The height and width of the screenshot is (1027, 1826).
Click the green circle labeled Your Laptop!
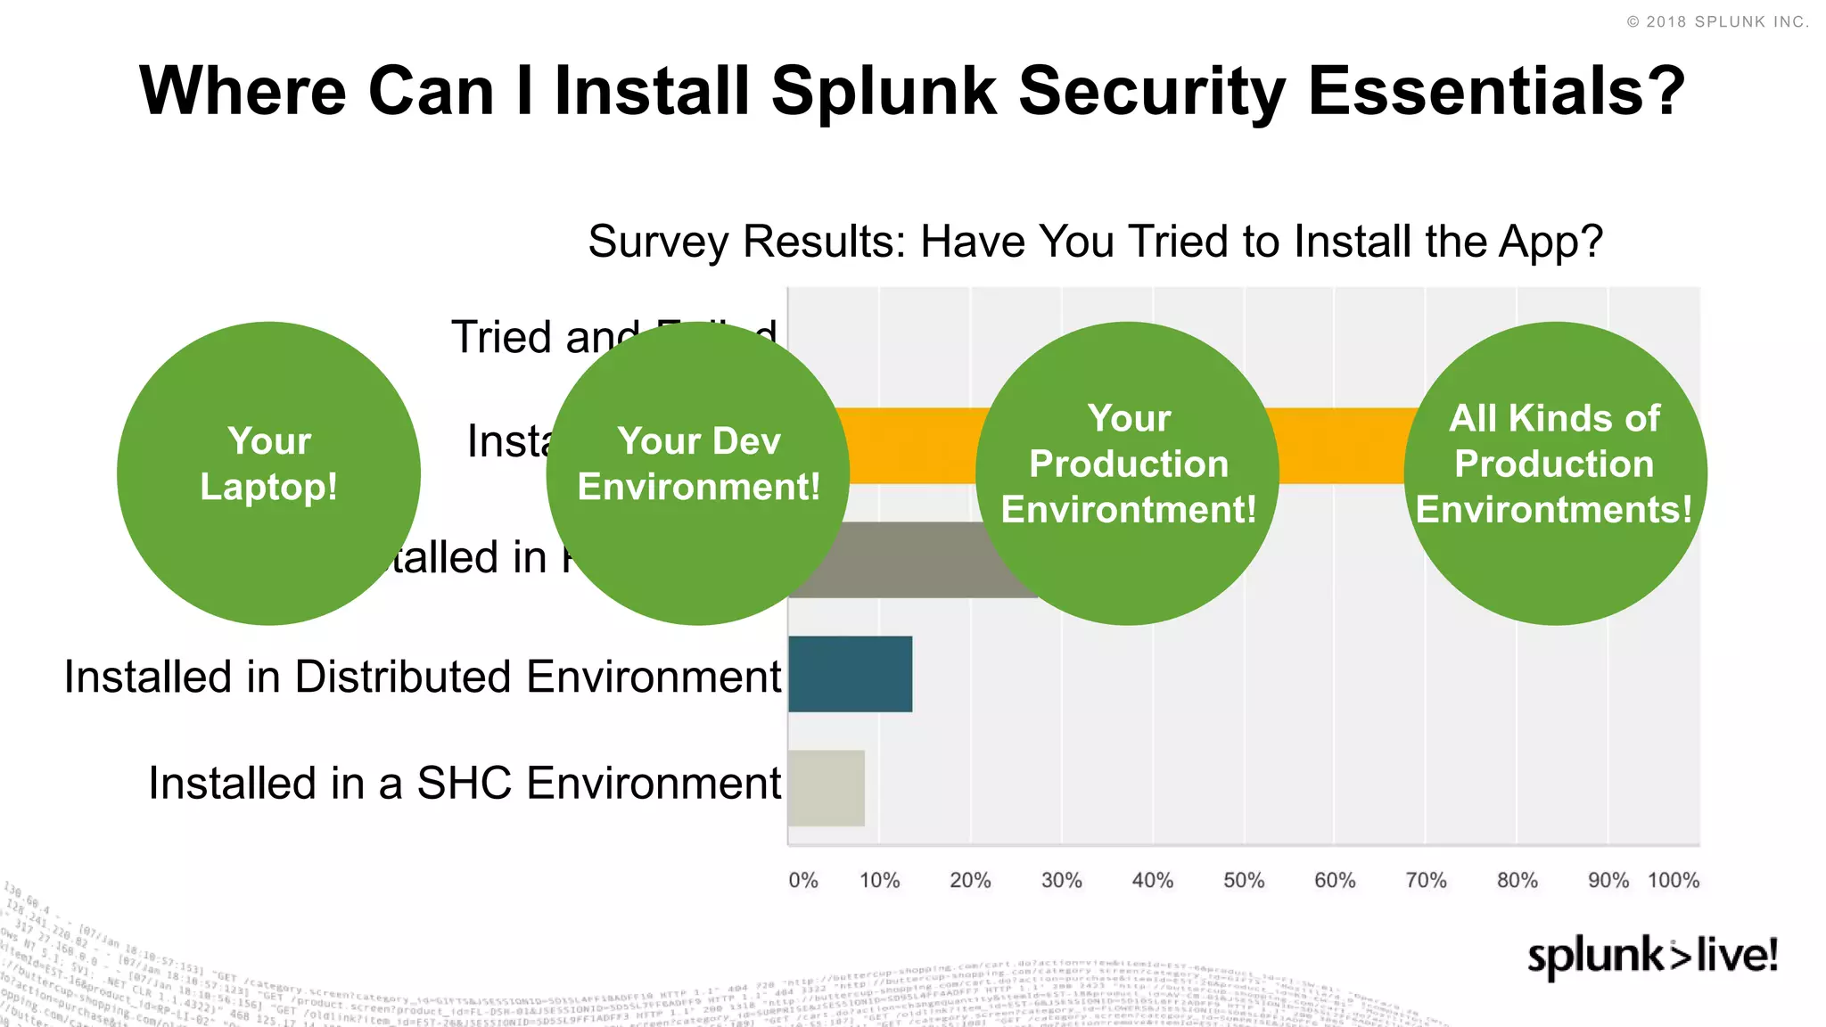pos(268,472)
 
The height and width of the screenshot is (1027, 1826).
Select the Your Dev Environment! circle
pos(697,472)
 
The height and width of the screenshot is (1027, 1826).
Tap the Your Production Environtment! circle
pos(1127,472)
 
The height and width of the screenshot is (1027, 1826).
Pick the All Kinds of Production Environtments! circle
pos(1555,472)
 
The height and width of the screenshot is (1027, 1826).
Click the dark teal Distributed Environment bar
pos(850,674)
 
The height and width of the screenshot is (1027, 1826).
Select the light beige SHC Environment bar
pos(827,788)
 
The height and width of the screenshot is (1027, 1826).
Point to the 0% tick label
pos(802,881)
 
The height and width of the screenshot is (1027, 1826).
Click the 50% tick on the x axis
pos(1244,881)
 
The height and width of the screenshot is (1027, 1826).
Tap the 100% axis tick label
pos(1674,881)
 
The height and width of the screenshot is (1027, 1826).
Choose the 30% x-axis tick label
pos(1061,881)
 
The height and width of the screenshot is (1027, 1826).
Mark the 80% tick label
pos(1517,881)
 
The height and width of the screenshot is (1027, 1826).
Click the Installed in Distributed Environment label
pos(423,677)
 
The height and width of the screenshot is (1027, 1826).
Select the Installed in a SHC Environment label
pos(465,784)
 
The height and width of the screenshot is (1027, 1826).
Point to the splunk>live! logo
pos(1652,956)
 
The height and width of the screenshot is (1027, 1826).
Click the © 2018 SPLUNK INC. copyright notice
pos(1717,22)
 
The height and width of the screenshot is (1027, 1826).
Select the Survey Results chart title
pos(1095,242)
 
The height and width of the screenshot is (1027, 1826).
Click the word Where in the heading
pos(243,91)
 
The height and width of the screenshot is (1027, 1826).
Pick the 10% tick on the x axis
pos(879,881)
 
